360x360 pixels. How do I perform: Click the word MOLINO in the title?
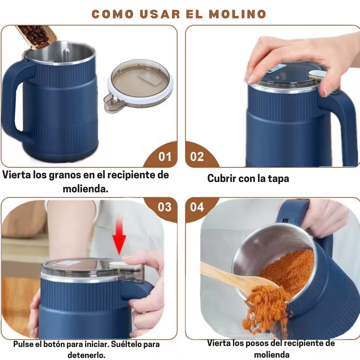point(237,14)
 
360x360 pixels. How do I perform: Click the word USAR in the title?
point(160,14)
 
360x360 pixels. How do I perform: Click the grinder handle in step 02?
point(340,126)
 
